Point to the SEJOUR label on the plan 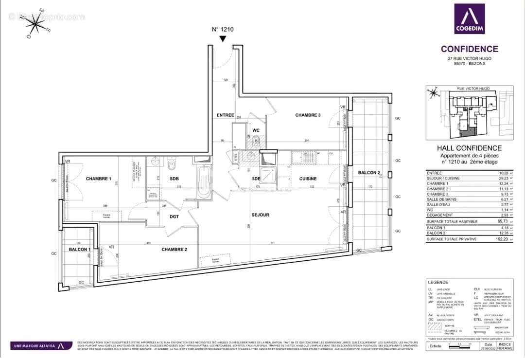pos(260,215)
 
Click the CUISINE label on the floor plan pos(308,179)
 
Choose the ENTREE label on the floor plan pos(226,115)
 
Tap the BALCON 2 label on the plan pos(369,173)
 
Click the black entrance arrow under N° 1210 pos(223,39)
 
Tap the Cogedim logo pos(469,21)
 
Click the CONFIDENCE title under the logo pos(469,49)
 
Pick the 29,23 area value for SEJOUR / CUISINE pos(503,179)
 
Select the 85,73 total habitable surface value pos(503,221)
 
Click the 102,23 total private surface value pos(503,239)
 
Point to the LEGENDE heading pos(437,282)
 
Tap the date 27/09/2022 pos(488,348)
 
